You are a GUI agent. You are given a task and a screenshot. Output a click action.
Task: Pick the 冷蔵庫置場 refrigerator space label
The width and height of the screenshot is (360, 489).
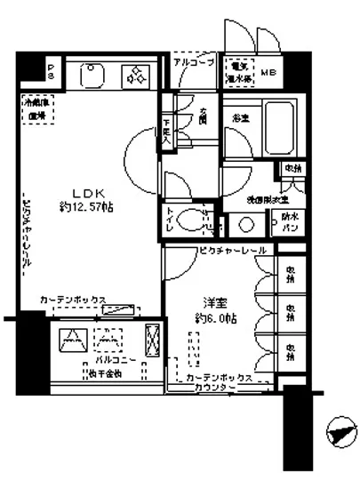(36, 109)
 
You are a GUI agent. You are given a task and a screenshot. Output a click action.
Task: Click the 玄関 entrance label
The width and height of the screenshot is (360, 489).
(203, 116)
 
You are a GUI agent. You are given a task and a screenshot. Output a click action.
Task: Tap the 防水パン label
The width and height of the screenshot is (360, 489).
(290, 220)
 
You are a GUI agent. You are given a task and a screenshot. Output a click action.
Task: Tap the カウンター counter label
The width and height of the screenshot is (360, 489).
(218, 389)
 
